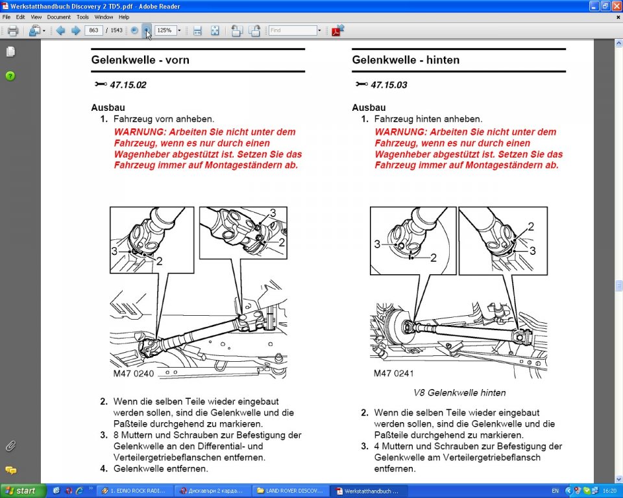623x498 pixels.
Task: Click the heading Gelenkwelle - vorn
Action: coord(140,60)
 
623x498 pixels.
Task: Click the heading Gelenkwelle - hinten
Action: coord(406,60)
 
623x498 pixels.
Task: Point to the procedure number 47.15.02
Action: coord(128,85)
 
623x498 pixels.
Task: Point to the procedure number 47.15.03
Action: coord(389,85)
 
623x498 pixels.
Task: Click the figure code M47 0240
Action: coord(134,373)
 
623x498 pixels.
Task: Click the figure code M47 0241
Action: coord(394,373)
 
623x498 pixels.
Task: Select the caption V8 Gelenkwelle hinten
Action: coord(459,393)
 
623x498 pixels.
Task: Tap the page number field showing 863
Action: coord(93,30)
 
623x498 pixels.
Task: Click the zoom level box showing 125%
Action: coord(165,30)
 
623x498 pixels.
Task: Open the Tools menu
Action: coord(82,17)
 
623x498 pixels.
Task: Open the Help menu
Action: coord(124,17)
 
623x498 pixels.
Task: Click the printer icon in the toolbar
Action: coord(13,30)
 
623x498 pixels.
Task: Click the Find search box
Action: coord(293,30)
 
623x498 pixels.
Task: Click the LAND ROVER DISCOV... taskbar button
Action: coord(291,491)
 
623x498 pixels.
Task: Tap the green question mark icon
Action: coord(10,76)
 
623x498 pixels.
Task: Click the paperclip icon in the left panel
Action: coord(10,446)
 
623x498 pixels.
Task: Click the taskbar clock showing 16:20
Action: coord(609,491)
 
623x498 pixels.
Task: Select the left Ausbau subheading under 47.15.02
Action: coord(108,108)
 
